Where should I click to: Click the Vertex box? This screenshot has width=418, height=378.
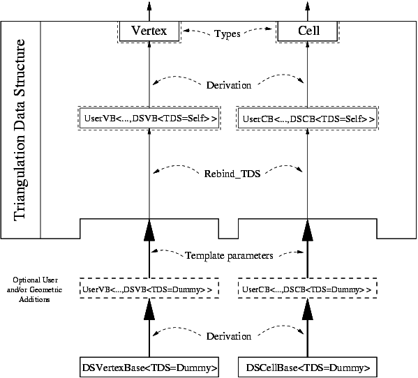pyautogui.click(x=149, y=31)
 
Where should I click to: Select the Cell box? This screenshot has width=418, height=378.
pyautogui.click(x=307, y=31)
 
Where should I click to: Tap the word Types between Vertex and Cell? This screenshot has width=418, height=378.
pyautogui.click(x=227, y=34)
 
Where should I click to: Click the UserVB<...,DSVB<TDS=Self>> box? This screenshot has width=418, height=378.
pyautogui.click(x=149, y=119)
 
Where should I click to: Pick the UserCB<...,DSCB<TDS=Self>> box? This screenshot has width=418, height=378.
pyautogui.click(x=307, y=119)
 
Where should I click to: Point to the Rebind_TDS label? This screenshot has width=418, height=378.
pyautogui.click(x=232, y=174)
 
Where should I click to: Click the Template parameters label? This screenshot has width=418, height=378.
pyautogui.click(x=229, y=255)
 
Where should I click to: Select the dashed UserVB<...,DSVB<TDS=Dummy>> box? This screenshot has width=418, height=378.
pyautogui.click(x=149, y=288)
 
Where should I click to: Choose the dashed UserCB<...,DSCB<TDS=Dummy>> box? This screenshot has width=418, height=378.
pyautogui.click(x=307, y=288)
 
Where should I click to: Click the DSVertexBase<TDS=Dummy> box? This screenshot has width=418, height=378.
pyautogui.click(x=149, y=367)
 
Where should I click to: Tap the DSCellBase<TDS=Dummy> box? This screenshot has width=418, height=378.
pyautogui.click(x=307, y=367)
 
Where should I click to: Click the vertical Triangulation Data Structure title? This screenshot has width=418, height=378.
pyautogui.click(x=20, y=130)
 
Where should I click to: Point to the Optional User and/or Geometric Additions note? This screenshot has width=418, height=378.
pyautogui.click(x=34, y=289)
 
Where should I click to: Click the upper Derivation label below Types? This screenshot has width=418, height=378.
pyautogui.click(x=229, y=85)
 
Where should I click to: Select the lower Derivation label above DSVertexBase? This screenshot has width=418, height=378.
pyautogui.click(x=229, y=336)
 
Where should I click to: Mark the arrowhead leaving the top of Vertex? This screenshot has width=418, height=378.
pyautogui.click(x=149, y=6)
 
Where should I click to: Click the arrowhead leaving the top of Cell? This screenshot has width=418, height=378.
pyautogui.click(x=307, y=6)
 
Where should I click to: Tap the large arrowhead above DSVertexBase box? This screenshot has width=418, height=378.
pyautogui.click(x=149, y=310)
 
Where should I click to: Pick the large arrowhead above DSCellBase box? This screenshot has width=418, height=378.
pyautogui.click(x=307, y=310)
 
